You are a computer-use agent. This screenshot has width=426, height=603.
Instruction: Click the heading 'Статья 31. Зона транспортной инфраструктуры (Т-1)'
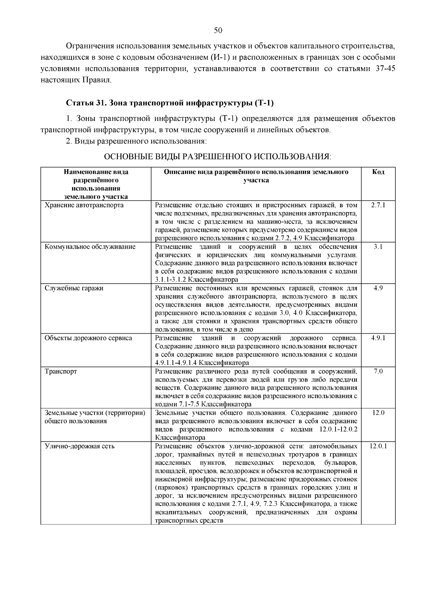(170, 103)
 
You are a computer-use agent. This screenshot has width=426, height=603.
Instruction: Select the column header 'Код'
(378, 172)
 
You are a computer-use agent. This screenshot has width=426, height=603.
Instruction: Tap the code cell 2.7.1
(378, 205)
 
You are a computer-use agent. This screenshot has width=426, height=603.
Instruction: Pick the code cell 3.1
(378, 247)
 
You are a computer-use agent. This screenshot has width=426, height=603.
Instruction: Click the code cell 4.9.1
(378, 338)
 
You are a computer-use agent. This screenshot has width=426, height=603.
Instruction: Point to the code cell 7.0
(378, 371)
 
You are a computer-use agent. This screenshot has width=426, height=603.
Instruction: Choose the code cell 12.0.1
(378, 446)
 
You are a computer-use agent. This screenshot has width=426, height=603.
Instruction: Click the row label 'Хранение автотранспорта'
(84, 205)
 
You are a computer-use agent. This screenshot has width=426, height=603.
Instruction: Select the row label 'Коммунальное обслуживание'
(90, 247)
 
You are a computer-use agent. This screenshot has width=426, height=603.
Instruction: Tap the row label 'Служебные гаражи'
(74, 288)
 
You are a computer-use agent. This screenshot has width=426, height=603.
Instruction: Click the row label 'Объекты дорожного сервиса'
(88, 338)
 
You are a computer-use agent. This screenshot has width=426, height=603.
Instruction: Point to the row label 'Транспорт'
(61, 371)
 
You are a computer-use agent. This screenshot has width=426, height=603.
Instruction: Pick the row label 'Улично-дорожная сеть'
(80, 446)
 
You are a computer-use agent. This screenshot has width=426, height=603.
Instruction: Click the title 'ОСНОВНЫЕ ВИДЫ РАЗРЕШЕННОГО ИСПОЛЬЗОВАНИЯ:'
(218, 156)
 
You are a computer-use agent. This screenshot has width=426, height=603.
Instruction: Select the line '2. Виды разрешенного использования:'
(136, 141)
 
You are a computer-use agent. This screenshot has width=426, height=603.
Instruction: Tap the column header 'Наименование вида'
(96, 172)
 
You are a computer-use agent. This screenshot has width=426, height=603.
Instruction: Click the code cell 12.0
(378, 413)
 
